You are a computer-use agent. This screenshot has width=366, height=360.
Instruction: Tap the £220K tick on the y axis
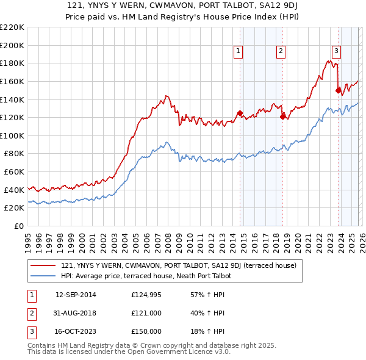(12, 27)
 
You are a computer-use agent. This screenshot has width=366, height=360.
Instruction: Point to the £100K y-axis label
(12, 135)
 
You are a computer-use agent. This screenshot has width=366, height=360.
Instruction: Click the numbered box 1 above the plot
(238, 51)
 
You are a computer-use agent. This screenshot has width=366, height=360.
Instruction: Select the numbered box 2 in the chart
(281, 51)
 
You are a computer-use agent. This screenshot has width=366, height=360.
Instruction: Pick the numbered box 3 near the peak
(336, 51)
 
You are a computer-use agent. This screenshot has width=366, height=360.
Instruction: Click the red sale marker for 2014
(240, 113)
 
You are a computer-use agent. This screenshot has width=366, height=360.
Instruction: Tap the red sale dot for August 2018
(282, 117)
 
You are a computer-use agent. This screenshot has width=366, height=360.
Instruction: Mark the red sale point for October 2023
(338, 90)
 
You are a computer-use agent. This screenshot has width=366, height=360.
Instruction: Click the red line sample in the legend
(43, 265)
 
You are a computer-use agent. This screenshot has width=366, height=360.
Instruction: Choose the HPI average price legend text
(147, 276)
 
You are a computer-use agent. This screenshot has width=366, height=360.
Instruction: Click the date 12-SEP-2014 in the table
(76, 295)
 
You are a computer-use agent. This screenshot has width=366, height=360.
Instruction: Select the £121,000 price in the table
(146, 313)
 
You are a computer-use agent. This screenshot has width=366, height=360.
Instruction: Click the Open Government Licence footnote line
(129, 352)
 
